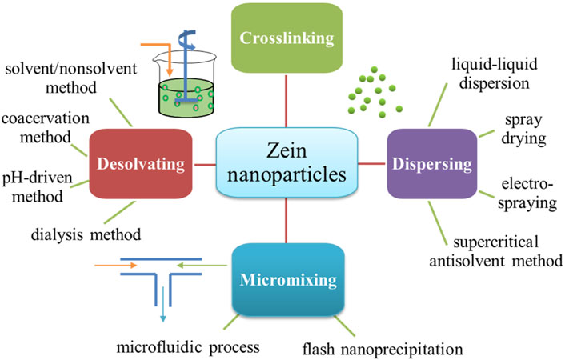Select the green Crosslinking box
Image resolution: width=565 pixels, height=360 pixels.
[287, 38]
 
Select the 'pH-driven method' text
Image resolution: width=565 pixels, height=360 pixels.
[40, 186]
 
